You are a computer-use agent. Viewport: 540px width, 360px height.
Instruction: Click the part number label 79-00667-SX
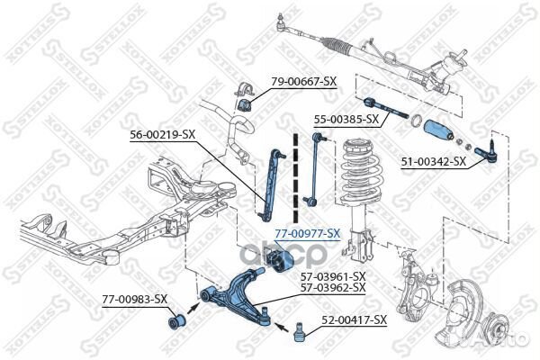[x=303, y=81]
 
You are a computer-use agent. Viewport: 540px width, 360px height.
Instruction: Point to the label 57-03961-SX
[x=334, y=275]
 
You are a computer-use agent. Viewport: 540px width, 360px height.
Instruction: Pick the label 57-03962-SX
[x=334, y=287]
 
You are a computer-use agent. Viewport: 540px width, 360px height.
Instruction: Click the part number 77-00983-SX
[x=134, y=298]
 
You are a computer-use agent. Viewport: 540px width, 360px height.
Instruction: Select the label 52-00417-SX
[x=355, y=319]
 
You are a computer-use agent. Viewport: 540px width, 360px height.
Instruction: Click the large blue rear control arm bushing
[x=279, y=261]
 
